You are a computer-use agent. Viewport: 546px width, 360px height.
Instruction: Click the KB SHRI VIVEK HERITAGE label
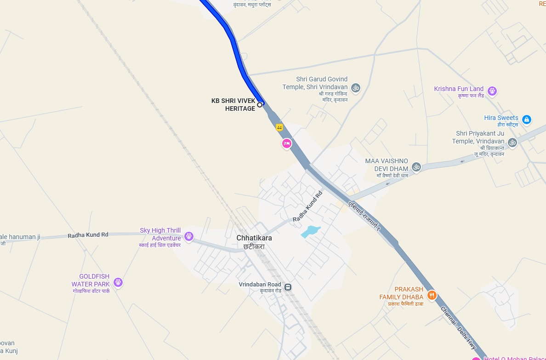(233, 105)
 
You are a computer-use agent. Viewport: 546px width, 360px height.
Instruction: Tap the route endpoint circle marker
(260, 105)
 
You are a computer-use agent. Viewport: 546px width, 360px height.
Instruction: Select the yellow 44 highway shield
(279, 127)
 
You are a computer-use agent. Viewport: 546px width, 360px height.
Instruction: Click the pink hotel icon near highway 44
(287, 144)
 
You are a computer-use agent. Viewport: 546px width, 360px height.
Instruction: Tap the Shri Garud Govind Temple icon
(355, 87)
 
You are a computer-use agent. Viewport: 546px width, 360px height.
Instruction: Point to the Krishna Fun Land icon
(492, 91)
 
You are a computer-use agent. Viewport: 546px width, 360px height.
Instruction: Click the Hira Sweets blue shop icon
(527, 120)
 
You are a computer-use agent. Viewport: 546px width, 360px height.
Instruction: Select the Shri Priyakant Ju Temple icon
(512, 143)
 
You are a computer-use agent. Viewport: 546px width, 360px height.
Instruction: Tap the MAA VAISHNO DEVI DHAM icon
(416, 167)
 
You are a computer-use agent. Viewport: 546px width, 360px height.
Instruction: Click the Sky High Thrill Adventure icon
(188, 237)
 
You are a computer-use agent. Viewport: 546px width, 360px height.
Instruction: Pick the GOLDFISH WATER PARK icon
(118, 282)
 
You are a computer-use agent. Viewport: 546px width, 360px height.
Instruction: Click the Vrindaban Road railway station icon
(288, 287)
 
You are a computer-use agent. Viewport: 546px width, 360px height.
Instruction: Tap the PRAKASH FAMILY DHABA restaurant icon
(432, 295)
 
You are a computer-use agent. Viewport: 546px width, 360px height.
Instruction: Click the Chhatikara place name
(254, 238)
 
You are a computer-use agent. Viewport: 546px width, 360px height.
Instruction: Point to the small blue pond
(311, 231)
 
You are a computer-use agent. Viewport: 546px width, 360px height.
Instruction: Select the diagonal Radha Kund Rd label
(308, 207)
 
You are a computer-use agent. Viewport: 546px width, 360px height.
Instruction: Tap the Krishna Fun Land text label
(459, 89)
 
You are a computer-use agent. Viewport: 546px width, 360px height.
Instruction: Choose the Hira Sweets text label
(501, 118)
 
